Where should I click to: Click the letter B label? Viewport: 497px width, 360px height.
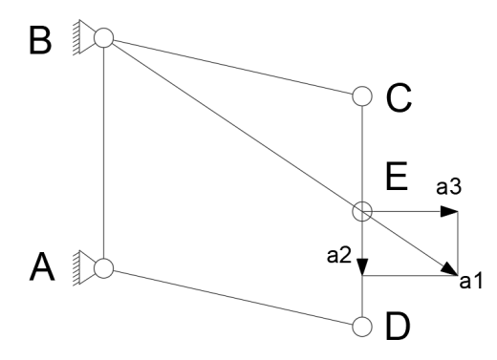pyautogui.click(x=40, y=41)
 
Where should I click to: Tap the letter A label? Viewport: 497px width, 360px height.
pyautogui.click(x=42, y=266)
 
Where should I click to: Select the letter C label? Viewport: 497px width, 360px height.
pyautogui.click(x=399, y=97)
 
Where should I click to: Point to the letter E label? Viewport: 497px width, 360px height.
pyautogui.click(x=397, y=176)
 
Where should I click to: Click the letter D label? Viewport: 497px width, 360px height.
pyautogui.click(x=398, y=327)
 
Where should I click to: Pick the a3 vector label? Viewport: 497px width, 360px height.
pyautogui.click(x=448, y=187)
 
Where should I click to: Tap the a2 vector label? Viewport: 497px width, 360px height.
pyautogui.click(x=339, y=256)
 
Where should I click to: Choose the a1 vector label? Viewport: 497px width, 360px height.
pyautogui.click(x=471, y=281)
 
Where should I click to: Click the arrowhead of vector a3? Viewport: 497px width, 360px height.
pyautogui.click(x=449, y=211)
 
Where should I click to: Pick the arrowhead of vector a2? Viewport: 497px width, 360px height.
pyautogui.click(x=362, y=267)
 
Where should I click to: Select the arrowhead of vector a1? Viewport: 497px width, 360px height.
pyautogui.click(x=450, y=269)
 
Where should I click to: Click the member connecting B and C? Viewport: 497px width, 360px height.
pyautogui.click(x=233, y=67)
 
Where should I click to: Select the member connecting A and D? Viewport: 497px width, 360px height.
pyautogui.click(x=233, y=297)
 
